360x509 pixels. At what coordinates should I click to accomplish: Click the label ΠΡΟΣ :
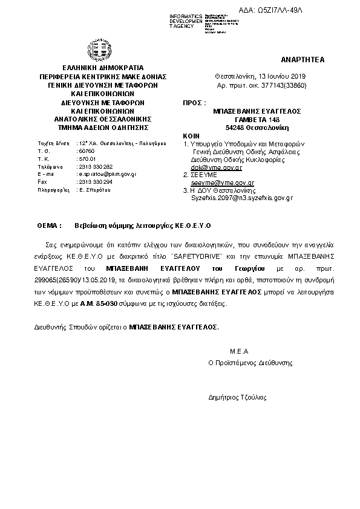[192, 104]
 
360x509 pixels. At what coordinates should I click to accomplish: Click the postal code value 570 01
[88, 158]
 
